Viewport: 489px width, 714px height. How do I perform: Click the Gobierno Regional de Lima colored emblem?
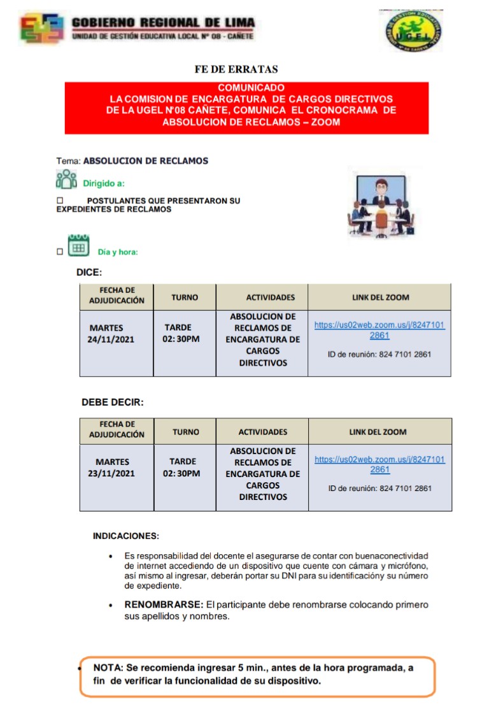[x=42, y=29]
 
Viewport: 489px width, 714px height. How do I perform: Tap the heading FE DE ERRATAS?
[x=236, y=69]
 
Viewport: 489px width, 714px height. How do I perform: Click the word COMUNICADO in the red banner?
[x=251, y=87]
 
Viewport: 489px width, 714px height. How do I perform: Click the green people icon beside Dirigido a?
[x=66, y=180]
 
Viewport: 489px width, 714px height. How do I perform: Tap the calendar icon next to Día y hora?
[x=78, y=247]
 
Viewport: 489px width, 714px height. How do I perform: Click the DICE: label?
[x=89, y=272]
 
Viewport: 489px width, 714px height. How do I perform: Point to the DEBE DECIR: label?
[x=113, y=403]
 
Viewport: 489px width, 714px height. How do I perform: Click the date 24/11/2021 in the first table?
[x=111, y=339]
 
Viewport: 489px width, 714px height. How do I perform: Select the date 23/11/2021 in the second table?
[x=111, y=473]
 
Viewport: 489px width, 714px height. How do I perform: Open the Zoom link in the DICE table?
[x=379, y=330]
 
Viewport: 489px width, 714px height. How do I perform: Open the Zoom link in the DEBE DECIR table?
[x=379, y=464]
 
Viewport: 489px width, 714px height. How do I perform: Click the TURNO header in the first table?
[x=185, y=297]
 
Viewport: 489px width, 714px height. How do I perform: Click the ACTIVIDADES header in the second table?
[x=263, y=432]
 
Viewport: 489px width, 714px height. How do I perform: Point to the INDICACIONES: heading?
[x=126, y=536]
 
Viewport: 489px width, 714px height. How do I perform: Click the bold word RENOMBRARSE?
[x=164, y=604]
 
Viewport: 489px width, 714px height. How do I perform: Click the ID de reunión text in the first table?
[x=379, y=354]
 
